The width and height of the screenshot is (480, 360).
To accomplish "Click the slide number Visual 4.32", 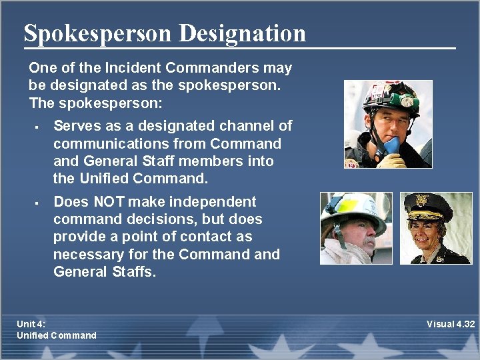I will point(450,324).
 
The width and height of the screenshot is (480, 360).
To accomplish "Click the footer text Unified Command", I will point(56,335).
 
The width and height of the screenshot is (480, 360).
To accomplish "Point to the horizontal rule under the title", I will point(240,49).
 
